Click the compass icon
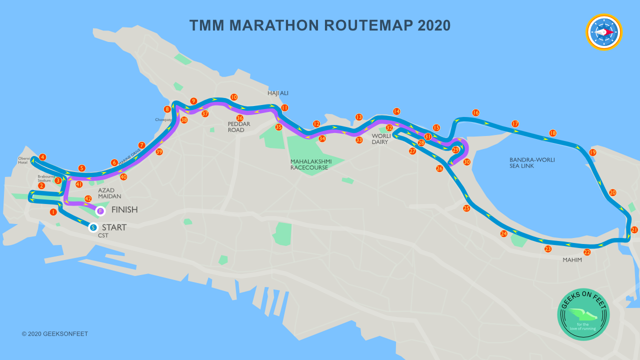pos(604,32)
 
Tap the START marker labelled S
pos(93,227)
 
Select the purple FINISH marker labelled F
pos(100,211)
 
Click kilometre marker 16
pos(475,113)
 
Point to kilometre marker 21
pos(634,230)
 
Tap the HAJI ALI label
pos(278,93)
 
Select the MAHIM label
pos(572,260)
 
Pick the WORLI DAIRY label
pos(381,139)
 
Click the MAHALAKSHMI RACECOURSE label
pos(309,164)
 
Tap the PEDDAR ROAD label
pos(239,127)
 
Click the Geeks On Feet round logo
pos(583,314)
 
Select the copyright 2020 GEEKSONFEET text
pos(55,334)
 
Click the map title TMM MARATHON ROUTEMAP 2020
pos(320,25)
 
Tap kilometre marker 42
pos(88,198)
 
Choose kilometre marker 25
pos(466,208)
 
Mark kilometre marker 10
pos(234,97)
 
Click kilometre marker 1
pos(53,212)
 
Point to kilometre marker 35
pos(278,127)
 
